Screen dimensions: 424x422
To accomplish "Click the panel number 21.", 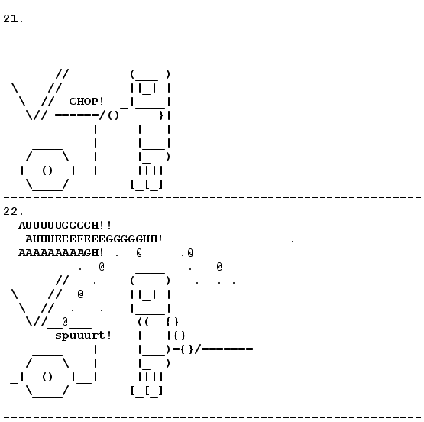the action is point(13,18).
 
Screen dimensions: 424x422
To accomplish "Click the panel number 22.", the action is point(13,211).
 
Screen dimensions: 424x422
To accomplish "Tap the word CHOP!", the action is point(86,102).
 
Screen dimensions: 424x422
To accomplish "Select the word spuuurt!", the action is point(83,336).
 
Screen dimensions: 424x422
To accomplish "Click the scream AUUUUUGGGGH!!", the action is point(65,225).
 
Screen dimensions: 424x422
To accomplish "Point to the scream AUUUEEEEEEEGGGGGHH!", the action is point(93,239).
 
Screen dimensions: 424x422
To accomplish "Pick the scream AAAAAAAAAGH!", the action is point(61,252).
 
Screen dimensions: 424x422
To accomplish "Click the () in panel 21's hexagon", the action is point(47,170).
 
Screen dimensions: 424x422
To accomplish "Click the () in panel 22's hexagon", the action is point(47,377).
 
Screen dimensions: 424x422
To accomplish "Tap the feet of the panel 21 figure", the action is point(147,185).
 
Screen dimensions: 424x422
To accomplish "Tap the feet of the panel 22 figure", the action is point(147,391).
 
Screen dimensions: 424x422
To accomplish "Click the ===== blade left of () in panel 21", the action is point(76,115).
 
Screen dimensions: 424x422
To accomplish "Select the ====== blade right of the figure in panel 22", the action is point(227,349).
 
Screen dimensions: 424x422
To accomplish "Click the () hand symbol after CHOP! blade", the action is point(113,115).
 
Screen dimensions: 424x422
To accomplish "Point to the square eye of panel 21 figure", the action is point(147,89).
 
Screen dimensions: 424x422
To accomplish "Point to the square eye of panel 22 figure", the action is point(147,295).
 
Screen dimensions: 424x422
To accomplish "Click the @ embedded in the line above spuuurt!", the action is point(65,321).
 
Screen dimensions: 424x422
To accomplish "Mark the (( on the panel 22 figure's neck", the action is point(144,322).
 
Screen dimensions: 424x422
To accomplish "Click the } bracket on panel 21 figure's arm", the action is point(161,115).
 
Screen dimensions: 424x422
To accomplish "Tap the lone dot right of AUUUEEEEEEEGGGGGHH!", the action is point(293,241).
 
